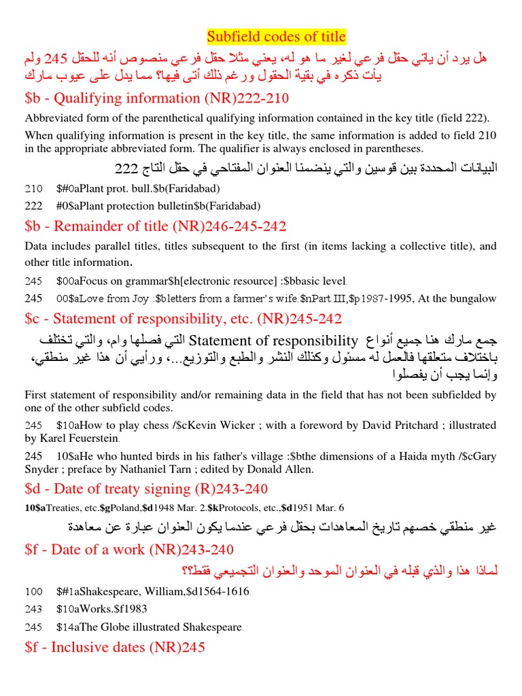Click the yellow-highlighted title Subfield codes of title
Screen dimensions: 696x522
point(276,36)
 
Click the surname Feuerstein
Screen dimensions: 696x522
point(92,438)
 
